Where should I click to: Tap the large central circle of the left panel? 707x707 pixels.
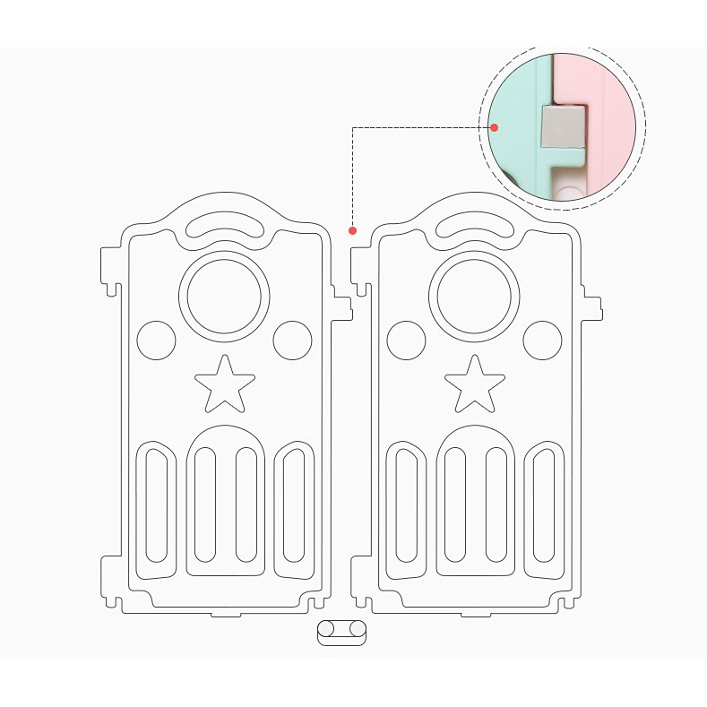[224, 297]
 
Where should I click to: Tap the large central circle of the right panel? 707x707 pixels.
[475, 297]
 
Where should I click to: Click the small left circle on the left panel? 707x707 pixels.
[157, 340]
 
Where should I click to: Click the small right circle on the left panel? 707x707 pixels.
[292, 340]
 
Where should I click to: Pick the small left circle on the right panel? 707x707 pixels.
[407, 340]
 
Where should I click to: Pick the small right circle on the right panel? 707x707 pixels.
[542, 340]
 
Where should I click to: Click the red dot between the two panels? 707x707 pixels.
[353, 230]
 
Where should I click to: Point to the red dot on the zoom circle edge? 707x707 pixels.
[494, 127]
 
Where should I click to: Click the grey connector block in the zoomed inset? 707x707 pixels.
[562, 125]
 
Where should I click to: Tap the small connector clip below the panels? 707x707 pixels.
[342, 630]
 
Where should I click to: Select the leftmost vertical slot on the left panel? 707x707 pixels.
[156, 505]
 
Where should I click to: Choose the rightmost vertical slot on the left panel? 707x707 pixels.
[294, 507]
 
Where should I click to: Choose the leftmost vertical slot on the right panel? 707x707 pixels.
[406, 505]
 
